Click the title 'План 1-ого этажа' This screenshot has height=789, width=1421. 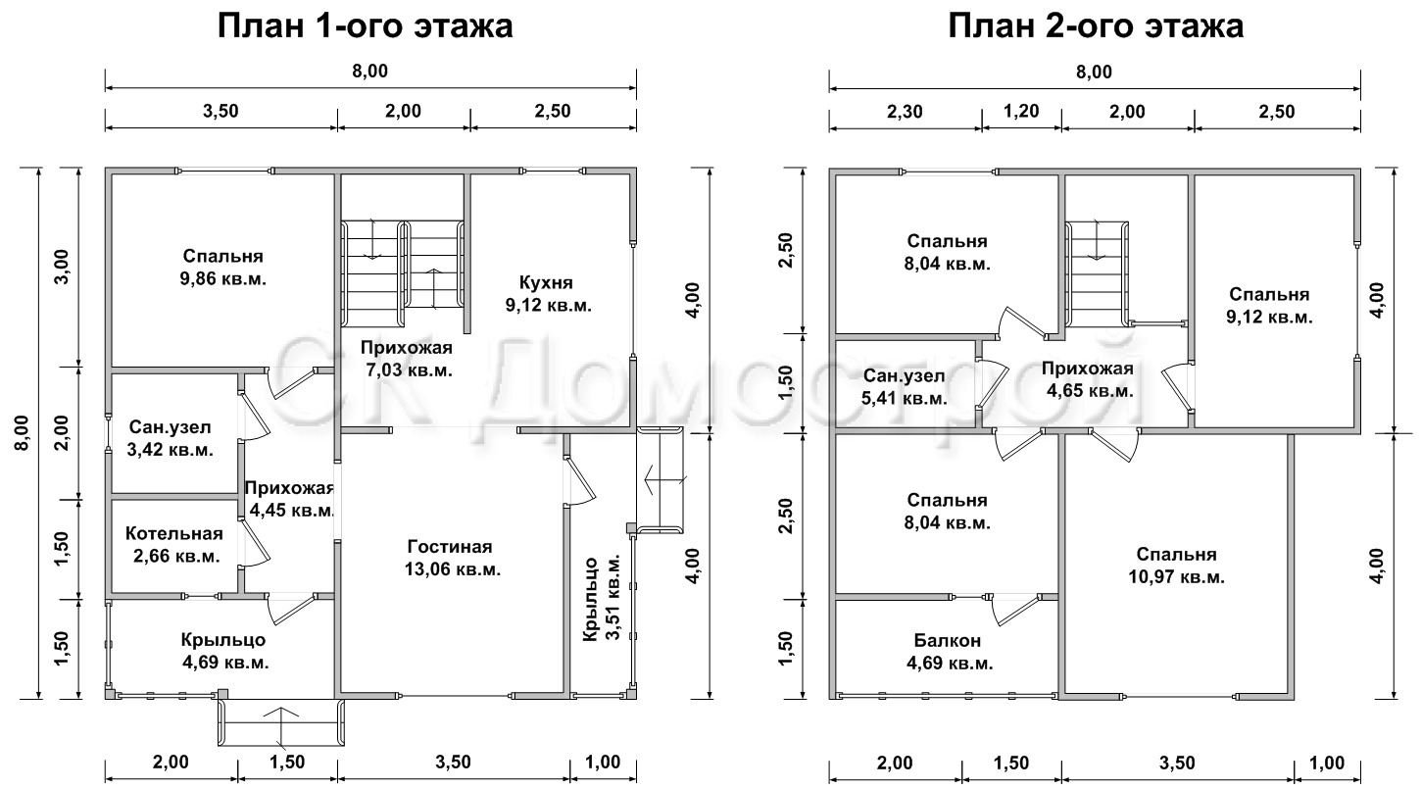365,27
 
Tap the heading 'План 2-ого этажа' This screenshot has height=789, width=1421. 1096,27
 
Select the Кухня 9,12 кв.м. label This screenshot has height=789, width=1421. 548,294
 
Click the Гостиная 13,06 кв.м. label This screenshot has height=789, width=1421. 453,558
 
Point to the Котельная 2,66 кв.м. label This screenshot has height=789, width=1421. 174,545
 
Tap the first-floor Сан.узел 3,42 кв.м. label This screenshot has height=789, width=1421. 170,438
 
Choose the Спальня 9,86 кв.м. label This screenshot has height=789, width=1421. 222,267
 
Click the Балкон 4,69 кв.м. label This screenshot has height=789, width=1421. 948,652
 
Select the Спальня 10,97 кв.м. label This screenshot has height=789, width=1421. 1176,566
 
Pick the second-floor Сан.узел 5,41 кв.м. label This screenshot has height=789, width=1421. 905,387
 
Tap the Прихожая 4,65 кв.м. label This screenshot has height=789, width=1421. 1088,380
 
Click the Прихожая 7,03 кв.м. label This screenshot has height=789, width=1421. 407,359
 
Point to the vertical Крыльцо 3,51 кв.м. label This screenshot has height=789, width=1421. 602,600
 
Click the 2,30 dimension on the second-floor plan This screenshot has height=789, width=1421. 904,112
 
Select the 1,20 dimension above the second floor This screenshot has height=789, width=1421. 1021,112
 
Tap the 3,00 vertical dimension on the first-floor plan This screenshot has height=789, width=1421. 62,267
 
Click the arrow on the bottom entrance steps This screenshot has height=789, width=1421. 280,723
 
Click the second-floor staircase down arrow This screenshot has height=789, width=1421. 1096,240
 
